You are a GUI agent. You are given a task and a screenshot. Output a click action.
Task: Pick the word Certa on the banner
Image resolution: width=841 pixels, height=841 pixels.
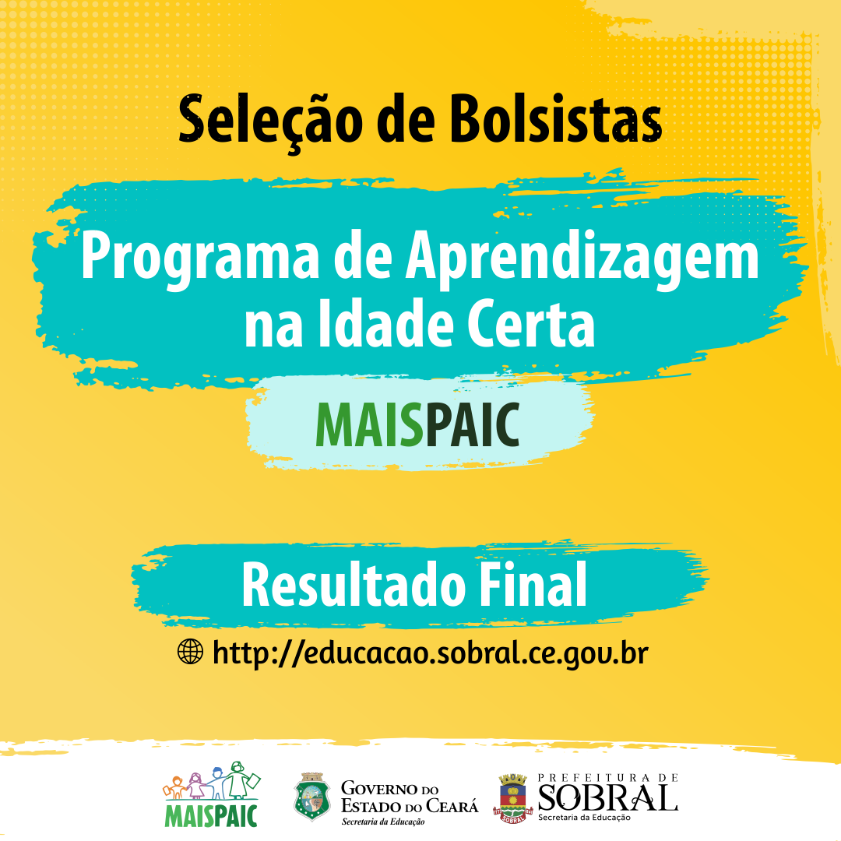click(x=530, y=324)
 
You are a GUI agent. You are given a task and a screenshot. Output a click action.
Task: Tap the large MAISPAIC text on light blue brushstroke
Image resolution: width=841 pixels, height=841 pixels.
click(x=418, y=424)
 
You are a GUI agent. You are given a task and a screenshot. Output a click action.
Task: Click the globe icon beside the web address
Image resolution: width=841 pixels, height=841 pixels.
click(x=191, y=652)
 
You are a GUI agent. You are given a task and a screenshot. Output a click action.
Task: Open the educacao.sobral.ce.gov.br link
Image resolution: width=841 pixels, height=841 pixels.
click(x=430, y=653)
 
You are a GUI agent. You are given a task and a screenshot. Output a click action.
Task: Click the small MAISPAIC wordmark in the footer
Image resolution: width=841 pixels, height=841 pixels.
click(x=211, y=815)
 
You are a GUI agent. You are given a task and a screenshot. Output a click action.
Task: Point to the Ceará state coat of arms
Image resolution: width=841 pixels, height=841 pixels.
click(x=312, y=797)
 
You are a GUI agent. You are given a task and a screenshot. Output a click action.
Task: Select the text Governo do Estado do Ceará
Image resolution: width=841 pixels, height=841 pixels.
click(x=410, y=797)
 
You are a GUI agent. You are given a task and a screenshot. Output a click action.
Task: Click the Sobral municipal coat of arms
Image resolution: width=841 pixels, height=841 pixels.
click(x=512, y=798)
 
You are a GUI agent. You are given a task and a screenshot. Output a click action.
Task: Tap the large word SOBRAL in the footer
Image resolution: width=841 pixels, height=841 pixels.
click(x=607, y=797)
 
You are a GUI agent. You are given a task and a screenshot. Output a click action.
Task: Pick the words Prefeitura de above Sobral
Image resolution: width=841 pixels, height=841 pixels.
click(x=607, y=777)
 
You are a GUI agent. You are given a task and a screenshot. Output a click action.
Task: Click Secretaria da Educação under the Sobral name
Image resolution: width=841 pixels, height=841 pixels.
click(x=584, y=818)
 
